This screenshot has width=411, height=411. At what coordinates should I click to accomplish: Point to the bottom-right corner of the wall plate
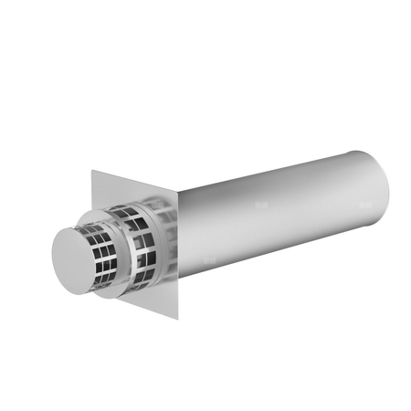(177, 319)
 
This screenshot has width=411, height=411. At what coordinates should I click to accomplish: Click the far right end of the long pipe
(387, 192)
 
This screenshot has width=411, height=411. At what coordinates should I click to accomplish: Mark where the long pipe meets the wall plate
(178, 237)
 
